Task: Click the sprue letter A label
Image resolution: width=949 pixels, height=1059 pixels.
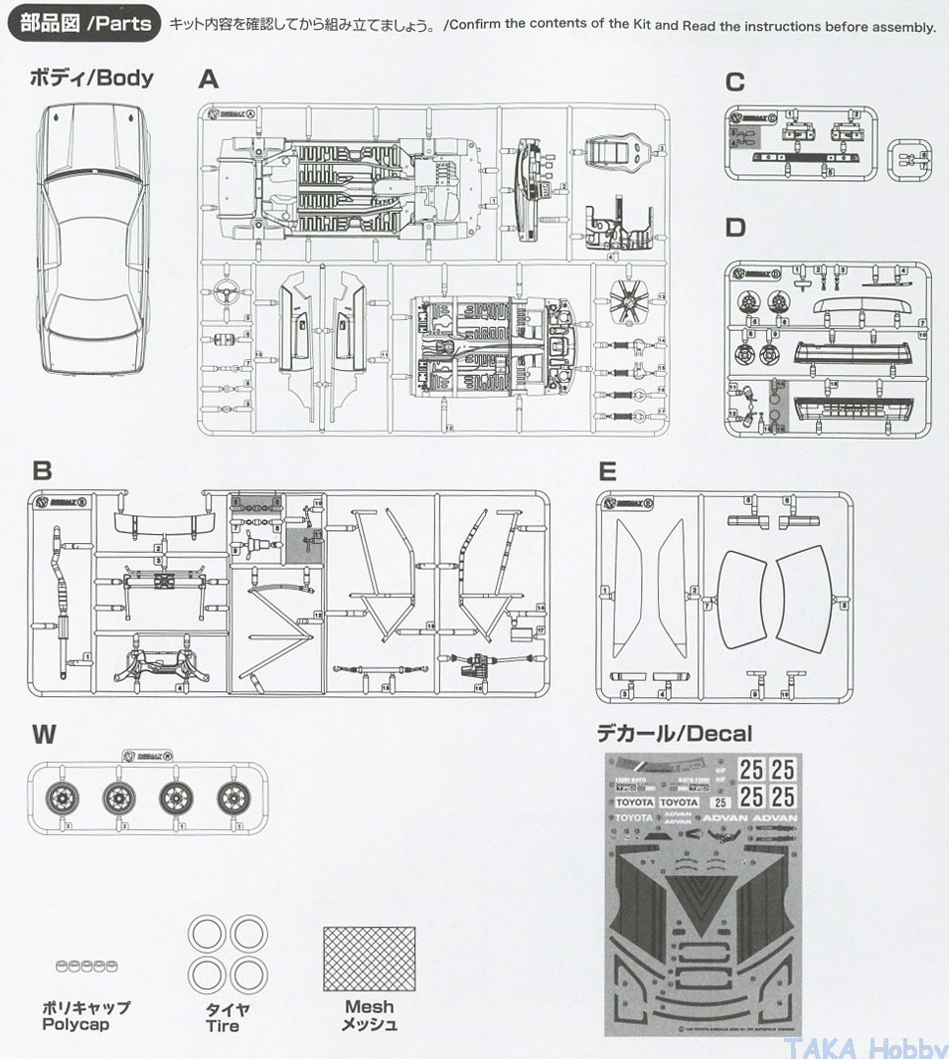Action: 208,80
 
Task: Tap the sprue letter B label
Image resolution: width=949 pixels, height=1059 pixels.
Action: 42,471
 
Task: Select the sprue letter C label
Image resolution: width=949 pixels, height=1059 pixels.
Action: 734,82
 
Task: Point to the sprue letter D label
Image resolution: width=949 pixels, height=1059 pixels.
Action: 734,228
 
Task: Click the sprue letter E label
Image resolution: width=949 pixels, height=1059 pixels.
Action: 607,471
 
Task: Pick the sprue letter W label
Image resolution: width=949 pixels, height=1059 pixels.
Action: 44,735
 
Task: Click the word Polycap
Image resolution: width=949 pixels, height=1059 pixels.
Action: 76,1024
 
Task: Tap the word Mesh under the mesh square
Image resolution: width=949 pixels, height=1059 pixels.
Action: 369,1007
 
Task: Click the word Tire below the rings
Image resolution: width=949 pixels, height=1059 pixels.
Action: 223,1026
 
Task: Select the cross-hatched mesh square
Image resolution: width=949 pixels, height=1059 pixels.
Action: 369,960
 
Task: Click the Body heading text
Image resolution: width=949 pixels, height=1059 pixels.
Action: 92,78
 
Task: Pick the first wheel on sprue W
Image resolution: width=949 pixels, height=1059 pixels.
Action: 62,795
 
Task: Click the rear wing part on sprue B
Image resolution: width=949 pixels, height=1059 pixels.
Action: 164,525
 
